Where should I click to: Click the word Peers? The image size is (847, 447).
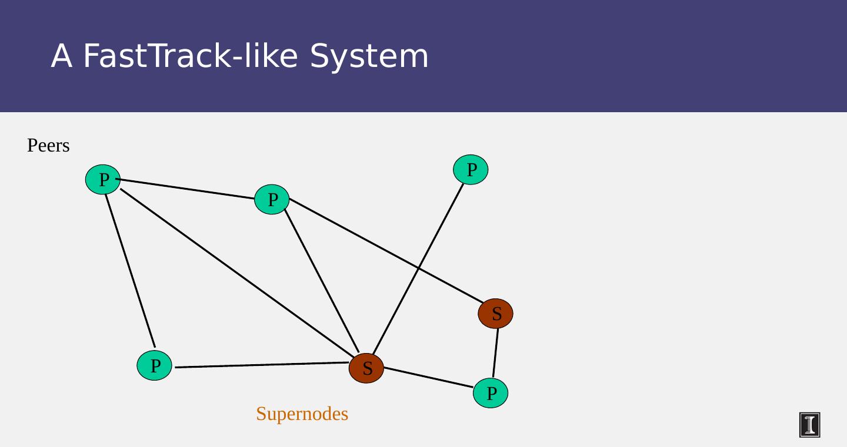pyautogui.click(x=48, y=146)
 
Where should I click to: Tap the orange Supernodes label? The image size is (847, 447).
pyautogui.click(x=302, y=414)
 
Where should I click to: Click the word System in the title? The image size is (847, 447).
pyautogui.click(x=369, y=56)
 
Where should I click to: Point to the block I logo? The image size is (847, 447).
pyautogui.click(x=809, y=425)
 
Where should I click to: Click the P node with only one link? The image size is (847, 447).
pyautogui.click(x=471, y=170)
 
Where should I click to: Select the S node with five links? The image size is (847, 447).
pyautogui.click(x=366, y=368)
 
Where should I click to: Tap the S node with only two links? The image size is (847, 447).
pyautogui.click(x=495, y=314)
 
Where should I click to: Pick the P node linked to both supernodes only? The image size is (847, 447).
pyautogui.click(x=491, y=392)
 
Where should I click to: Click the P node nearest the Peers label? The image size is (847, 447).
pyautogui.click(x=103, y=180)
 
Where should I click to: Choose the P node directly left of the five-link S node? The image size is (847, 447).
pyautogui.click(x=154, y=365)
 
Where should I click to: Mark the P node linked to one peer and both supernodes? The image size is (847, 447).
pyautogui.click(x=272, y=200)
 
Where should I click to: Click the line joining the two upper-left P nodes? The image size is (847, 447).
pyautogui.click(x=187, y=189)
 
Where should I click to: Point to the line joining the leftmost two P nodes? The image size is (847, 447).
pyautogui.click(x=129, y=270)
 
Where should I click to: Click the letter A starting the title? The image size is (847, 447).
pyautogui.click(x=62, y=56)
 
